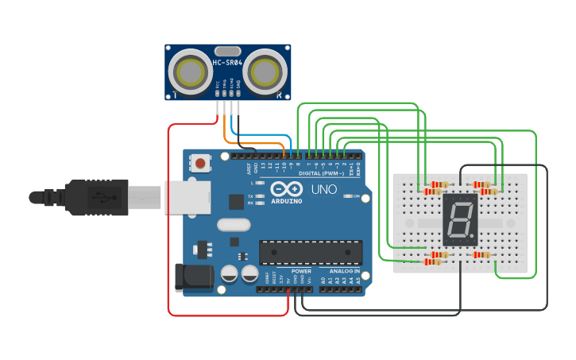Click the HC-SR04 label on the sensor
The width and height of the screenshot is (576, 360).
(227, 62)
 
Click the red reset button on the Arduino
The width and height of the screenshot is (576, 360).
(201, 164)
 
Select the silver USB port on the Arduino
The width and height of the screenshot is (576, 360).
(187, 198)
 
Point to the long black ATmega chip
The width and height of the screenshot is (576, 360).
(311, 252)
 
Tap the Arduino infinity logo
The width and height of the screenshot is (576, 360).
(286, 189)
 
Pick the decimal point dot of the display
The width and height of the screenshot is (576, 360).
(472, 238)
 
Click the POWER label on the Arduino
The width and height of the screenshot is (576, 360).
(301, 271)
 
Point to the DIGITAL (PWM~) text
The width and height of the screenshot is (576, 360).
(322, 173)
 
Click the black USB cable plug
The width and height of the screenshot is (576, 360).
(95, 198)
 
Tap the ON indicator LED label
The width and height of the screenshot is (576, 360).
(356, 196)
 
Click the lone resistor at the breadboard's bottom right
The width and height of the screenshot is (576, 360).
(481, 254)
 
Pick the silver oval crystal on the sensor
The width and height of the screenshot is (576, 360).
(227, 51)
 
